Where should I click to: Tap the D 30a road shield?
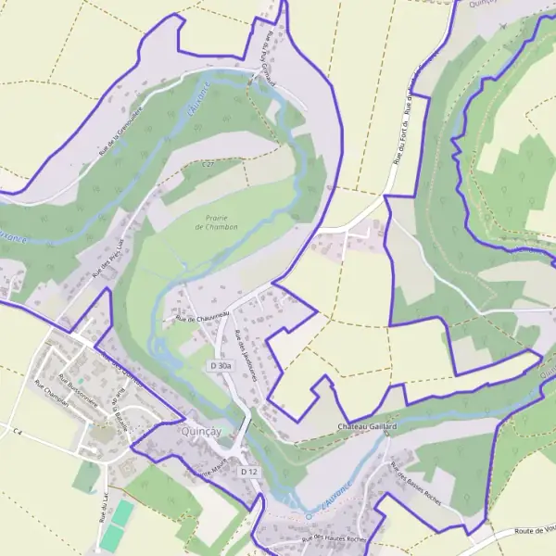coord(220,367)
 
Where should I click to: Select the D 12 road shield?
coord(248,472)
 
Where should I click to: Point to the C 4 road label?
coord(15,431)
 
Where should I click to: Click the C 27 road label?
coord(208,165)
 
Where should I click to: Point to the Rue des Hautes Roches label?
coord(334,539)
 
